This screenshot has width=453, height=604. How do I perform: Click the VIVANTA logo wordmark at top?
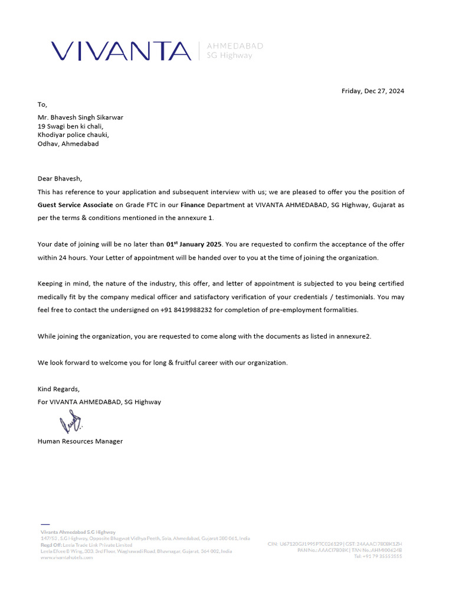(x=121, y=51)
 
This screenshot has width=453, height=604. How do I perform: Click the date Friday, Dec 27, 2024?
(x=373, y=91)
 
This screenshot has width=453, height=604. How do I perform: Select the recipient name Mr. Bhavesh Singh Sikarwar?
(x=80, y=117)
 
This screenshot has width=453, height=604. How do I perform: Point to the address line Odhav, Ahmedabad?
(x=68, y=143)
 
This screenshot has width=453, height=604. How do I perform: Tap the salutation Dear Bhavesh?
(x=60, y=179)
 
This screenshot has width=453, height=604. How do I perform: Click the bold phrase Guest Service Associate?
(x=75, y=205)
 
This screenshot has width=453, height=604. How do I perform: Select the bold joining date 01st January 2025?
(x=193, y=244)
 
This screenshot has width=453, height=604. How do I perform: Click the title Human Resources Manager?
(x=80, y=441)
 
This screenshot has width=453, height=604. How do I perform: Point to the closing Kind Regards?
(x=58, y=389)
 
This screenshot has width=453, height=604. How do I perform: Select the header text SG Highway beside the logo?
(x=229, y=55)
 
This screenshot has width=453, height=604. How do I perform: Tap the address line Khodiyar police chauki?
(x=73, y=134)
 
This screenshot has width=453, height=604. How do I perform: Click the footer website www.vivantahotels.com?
(x=67, y=557)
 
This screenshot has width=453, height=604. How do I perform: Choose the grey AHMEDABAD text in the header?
(x=235, y=45)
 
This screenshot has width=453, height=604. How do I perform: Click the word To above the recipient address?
(x=41, y=104)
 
